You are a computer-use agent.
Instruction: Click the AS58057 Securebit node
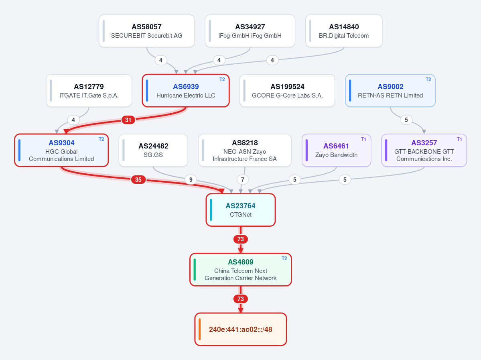pos(147,31)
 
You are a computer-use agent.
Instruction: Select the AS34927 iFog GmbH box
pos(250,31)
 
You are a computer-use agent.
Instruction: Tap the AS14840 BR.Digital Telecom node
pos(344,31)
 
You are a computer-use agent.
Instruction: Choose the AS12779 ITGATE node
pos(89,91)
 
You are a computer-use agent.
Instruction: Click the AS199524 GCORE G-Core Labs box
pos(287,91)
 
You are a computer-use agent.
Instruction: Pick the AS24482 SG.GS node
pos(153,150)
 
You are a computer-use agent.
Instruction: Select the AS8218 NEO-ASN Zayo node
pos(245,150)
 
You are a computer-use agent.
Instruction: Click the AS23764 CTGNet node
pos(241,210)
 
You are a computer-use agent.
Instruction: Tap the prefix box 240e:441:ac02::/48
pos(241,329)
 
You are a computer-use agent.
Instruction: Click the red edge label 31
pos(128,120)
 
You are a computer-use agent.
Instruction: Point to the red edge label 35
pos(138,179)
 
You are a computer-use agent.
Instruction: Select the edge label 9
pos(191,179)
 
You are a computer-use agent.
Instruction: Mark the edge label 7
pos(243,179)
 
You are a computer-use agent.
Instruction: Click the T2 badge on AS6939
pos(222,79)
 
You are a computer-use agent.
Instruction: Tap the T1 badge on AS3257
pos(459,139)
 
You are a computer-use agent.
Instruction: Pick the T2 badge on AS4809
pos(284,258)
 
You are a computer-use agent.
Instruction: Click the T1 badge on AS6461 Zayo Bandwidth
pos(363,139)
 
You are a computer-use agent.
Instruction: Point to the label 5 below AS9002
pos(406,120)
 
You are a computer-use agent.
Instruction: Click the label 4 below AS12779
pos(73,120)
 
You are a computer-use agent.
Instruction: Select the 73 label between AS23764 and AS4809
pos(241,239)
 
